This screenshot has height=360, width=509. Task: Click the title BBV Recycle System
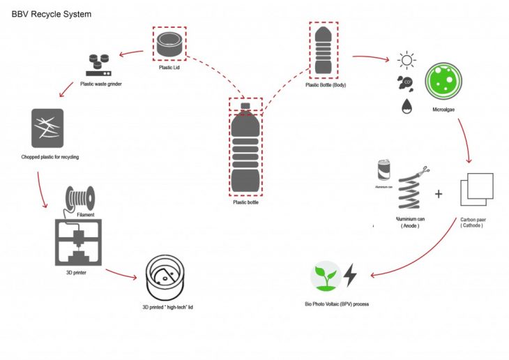click(52, 13)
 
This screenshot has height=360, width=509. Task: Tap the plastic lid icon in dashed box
click(170, 45)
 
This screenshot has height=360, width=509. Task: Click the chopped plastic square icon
click(47, 128)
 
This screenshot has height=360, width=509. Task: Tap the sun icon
click(406, 60)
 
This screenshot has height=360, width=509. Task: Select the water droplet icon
click(407, 107)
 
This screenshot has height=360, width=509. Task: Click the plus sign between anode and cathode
click(439, 193)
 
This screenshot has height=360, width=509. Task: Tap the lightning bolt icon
click(351, 276)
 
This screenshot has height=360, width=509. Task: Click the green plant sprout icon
click(324, 276)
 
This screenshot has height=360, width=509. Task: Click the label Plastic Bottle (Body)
click(326, 85)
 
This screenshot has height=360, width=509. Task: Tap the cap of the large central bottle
click(245, 106)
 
